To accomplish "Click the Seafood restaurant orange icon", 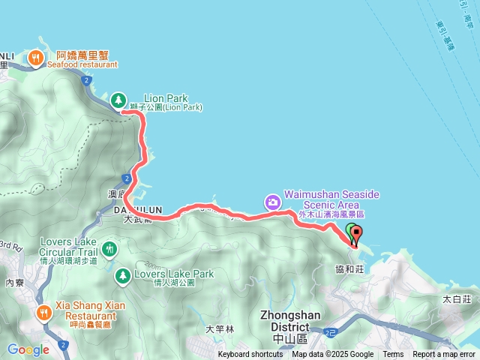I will (35, 57).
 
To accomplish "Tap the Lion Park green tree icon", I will (118, 99).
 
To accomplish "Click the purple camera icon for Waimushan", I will (271, 202).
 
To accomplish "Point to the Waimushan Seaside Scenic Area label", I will (331, 199).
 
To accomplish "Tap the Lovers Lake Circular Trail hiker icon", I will (109, 247).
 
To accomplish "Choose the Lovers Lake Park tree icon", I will (121, 277).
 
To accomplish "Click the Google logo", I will (28, 349).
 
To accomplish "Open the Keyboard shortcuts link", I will (250, 355).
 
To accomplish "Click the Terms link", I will (393, 355).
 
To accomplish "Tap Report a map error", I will (444, 355).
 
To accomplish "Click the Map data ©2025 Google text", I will (332, 355).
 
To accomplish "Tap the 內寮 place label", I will (15, 283).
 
